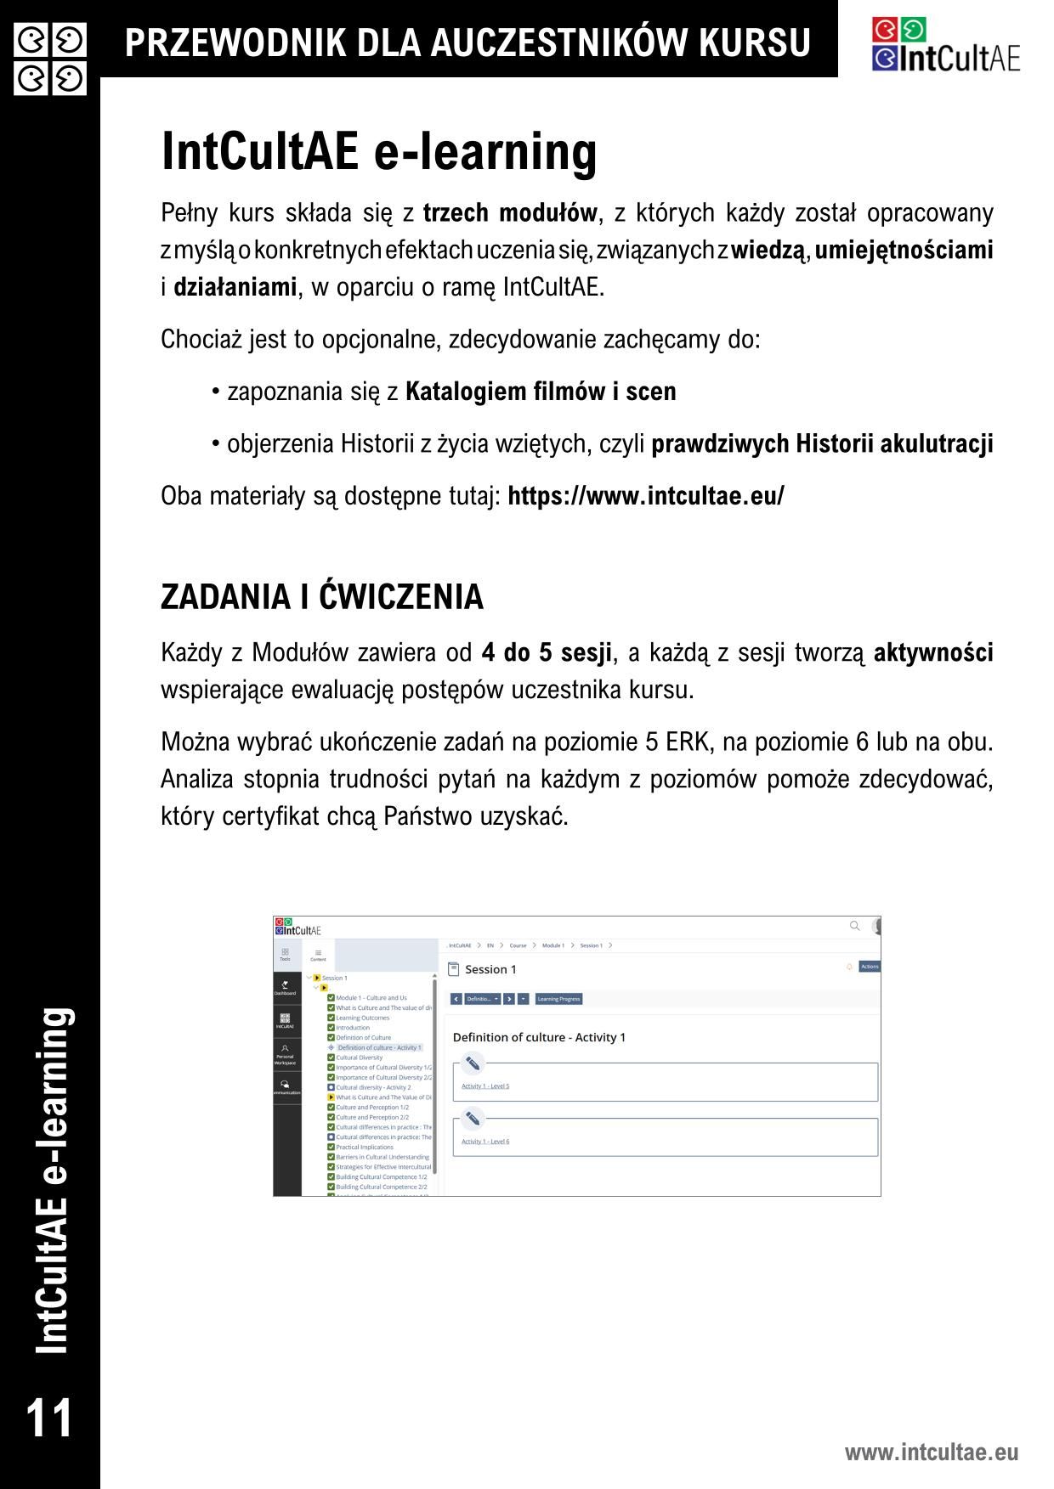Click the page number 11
tap(49, 1418)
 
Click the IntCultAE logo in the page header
tap(945, 45)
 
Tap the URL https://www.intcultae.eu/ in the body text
tap(646, 496)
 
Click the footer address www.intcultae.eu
tap(931, 1452)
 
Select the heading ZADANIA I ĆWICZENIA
tap(322, 597)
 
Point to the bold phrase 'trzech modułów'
tap(510, 212)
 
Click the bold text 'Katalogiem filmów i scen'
tap(541, 392)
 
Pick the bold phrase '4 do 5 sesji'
tap(547, 653)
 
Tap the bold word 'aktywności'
tap(933, 653)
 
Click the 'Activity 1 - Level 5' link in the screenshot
tap(485, 1086)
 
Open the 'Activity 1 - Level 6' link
tap(485, 1142)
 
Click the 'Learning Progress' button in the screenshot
tap(559, 999)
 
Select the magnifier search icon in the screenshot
tap(855, 926)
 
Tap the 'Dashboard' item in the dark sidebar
tap(285, 989)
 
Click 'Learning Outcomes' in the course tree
tap(362, 1018)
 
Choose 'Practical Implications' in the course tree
tap(365, 1147)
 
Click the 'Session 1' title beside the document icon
tap(490, 969)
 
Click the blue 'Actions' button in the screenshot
tap(870, 967)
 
